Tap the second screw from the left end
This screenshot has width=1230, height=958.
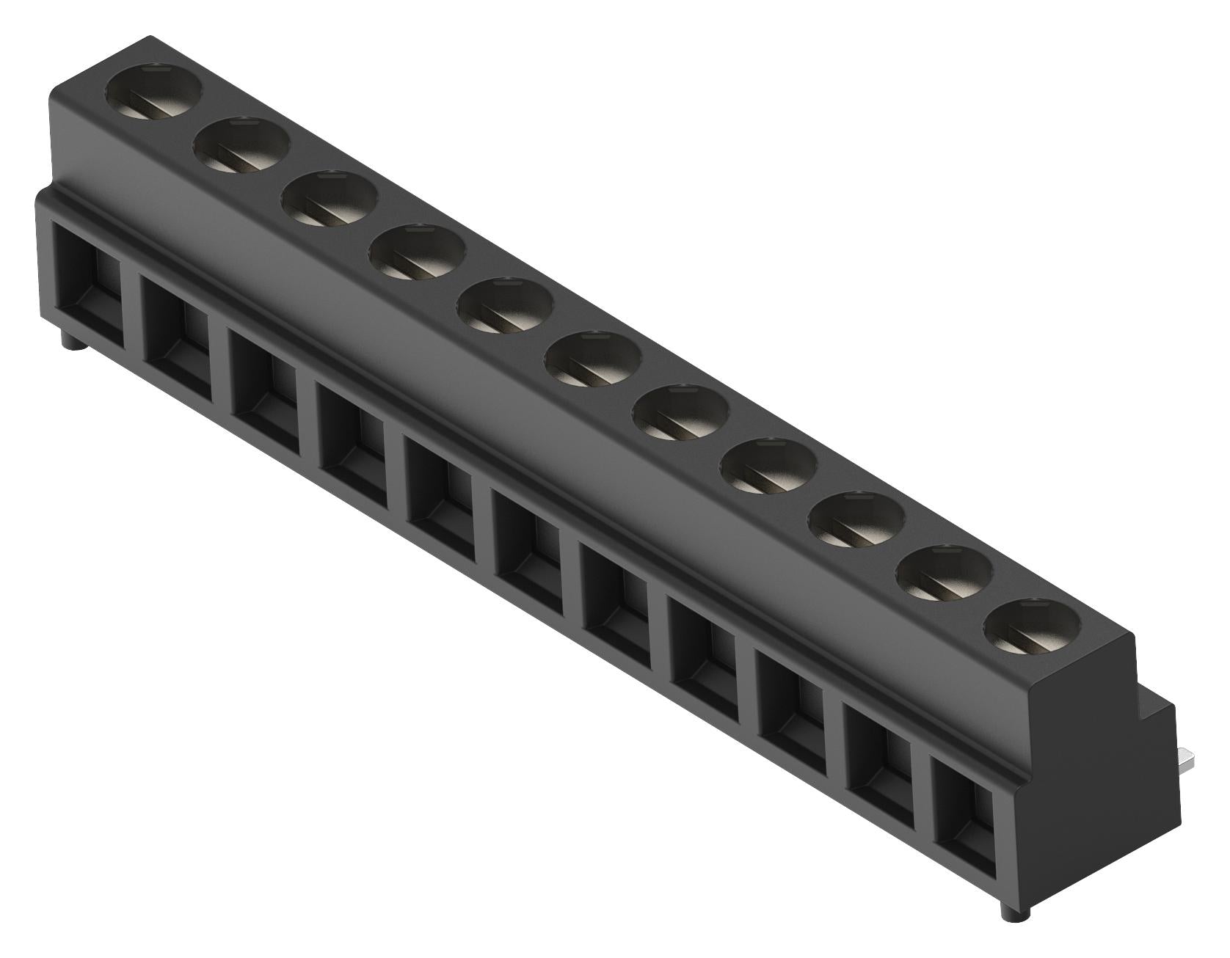241,147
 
